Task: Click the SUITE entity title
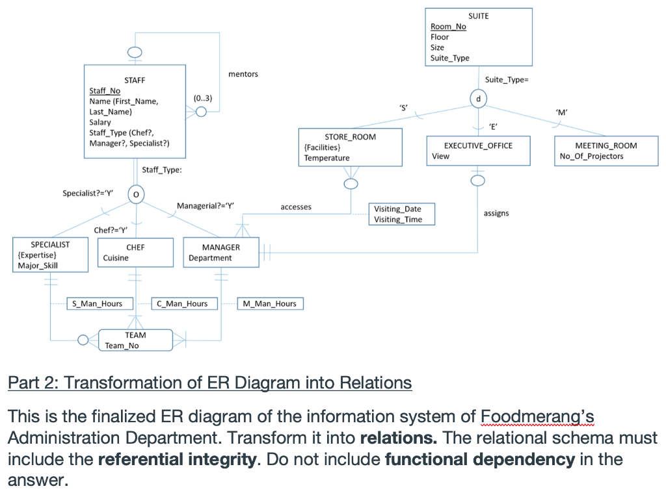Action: (x=478, y=16)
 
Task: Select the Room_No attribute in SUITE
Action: (x=448, y=27)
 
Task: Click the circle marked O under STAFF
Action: (x=136, y=194)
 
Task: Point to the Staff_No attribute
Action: (x=105, y=91)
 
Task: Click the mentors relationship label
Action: (x=243, y=74)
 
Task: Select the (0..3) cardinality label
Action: (x=203, y=98)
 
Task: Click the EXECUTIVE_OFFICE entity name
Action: (x=478, y=146)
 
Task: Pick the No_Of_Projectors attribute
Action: (x=591, y=156)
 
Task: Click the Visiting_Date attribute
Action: (x=397, y=209)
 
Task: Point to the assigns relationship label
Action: (x=496, y=213)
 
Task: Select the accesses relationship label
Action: (x=296, y=207)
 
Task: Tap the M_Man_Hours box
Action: (x=269, y=303)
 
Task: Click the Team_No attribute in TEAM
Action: (x=122, y=346)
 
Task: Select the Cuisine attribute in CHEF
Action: (x=116, y=258)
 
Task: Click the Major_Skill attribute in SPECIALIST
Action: (x=38, y=265)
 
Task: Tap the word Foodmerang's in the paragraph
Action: (x=537, y=416)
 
